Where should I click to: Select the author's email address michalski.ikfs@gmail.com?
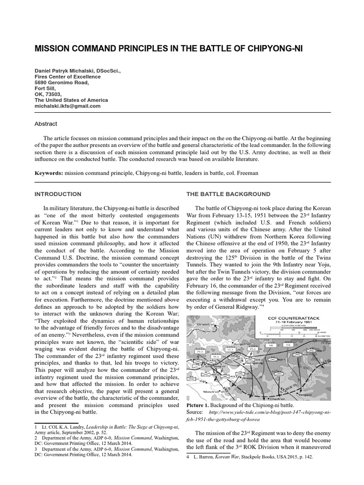[x=68, y=106]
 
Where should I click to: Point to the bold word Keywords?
[x=48, y=173]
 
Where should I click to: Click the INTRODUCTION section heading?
[x=58, y=194]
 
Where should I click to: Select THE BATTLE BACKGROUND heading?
[x=228, y=194]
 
